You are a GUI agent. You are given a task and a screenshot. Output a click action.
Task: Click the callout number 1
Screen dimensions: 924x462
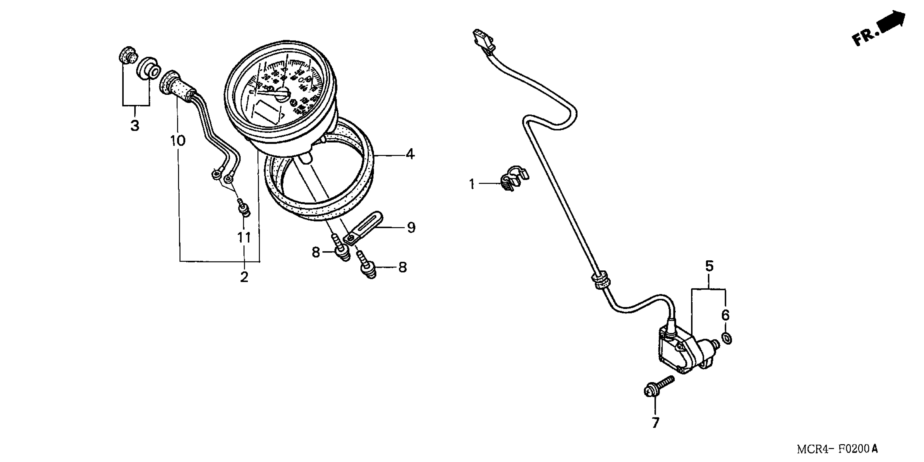click(472, 184)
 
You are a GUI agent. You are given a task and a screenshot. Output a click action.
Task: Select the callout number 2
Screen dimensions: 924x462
click(244, 277)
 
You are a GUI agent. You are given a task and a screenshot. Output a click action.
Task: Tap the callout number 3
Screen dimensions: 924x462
click(135, 126)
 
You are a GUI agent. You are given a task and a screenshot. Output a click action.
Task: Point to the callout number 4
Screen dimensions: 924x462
click(410, 154)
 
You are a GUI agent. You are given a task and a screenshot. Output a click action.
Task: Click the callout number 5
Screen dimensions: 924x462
click(709, 266)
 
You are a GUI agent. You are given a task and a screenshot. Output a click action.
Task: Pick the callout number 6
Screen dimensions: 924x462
click(725, 315)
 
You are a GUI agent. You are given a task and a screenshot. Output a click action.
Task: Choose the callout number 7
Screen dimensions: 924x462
click(655, 423)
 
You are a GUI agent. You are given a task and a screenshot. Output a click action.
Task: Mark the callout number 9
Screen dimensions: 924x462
click(411, 227)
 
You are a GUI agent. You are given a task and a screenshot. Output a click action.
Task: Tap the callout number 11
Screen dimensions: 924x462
click(244, 238)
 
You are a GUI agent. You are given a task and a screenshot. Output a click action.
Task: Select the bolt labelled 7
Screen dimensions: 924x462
click(658, 387)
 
